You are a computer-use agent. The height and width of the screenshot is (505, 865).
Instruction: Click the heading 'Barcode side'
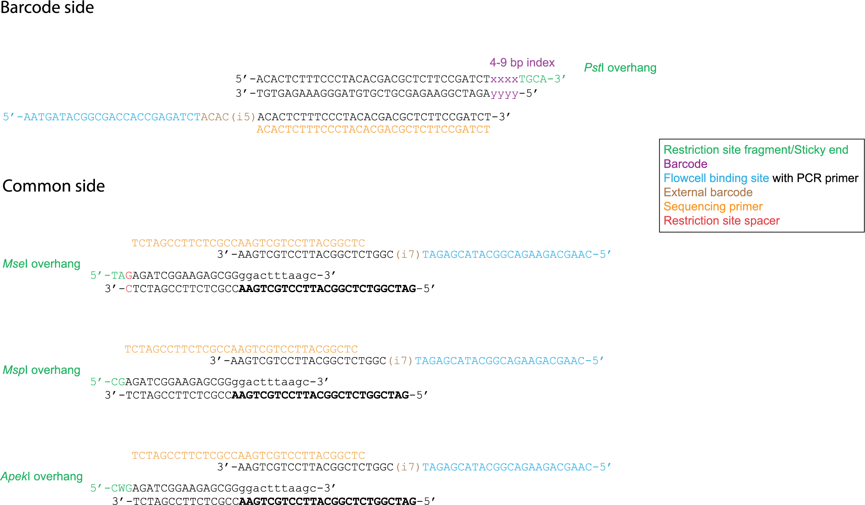[47, 7]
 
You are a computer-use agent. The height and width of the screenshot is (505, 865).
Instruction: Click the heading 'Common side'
[53, 186]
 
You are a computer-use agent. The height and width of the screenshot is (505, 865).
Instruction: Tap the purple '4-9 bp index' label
[522, 63]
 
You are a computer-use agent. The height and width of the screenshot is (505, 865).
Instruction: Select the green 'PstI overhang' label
[620, 68]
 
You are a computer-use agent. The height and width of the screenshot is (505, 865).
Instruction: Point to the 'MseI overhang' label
[41, 264]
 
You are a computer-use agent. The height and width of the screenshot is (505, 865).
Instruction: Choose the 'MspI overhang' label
[41, 370]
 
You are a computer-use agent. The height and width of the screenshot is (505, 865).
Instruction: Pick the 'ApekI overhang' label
[41, 477]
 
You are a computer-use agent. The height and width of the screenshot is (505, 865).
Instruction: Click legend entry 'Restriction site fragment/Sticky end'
[756, 150]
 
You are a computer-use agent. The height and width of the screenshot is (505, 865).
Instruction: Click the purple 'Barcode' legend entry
[685, 164]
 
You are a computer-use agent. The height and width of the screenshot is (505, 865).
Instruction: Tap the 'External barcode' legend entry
[708, 192]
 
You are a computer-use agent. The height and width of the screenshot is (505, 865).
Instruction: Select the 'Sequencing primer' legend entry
[713, 207]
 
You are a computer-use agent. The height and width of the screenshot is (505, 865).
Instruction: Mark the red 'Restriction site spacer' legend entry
[722, 221]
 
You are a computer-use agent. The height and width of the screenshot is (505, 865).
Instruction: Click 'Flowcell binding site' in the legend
[716, 178]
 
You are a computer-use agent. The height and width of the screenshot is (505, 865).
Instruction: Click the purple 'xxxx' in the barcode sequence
[504, 79]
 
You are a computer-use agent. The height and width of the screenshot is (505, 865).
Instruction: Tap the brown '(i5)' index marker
[243, 117]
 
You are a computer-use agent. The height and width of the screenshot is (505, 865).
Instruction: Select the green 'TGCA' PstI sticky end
[533, 79]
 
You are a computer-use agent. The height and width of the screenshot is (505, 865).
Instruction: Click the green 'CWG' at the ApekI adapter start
[121, 488]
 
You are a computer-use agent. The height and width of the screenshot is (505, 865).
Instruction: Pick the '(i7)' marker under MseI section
[408, 254]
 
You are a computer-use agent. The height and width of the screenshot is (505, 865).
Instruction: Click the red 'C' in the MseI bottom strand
[129, 289]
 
